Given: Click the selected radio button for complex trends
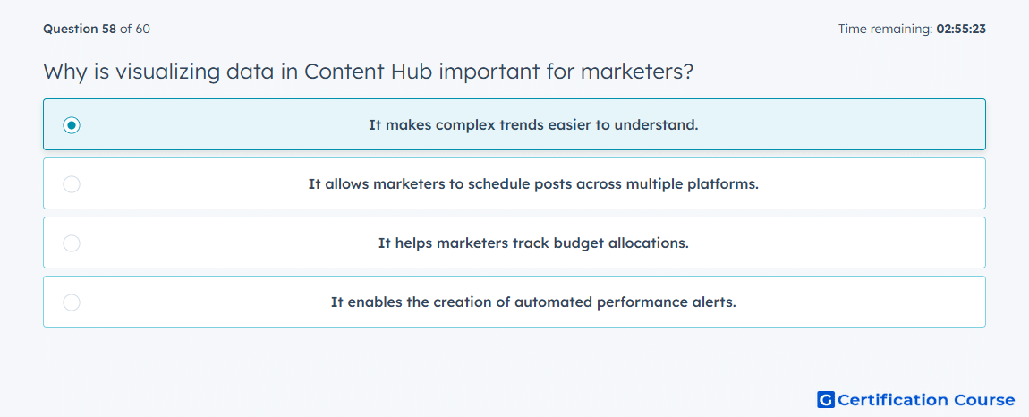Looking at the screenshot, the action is pos(72,124).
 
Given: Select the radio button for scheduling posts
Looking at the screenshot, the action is pos(72,184).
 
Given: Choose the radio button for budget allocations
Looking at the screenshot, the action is pos(72,243).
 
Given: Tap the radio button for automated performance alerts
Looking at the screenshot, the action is pos(72,302).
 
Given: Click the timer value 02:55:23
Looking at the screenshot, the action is pos(961,29).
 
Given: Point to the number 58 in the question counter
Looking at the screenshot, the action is pos(109,29).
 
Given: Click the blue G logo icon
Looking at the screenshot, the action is pos(826,400).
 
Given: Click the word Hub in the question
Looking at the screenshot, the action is pos(411,72).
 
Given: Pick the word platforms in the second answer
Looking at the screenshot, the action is pos(722,184).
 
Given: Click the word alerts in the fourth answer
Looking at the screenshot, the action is pos(715,302).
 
